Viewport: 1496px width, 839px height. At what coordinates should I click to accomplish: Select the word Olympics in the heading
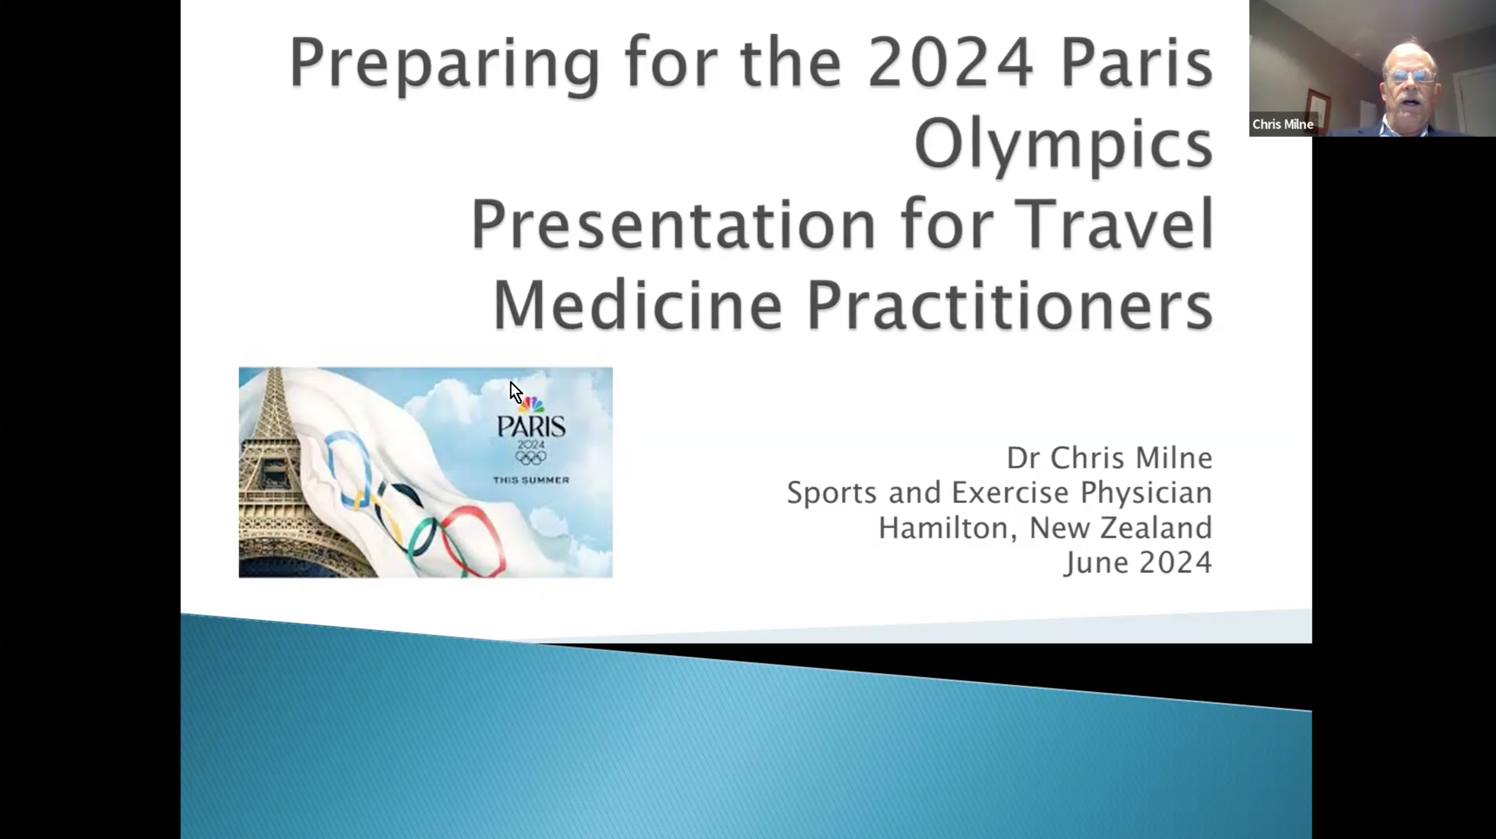point(1064,145)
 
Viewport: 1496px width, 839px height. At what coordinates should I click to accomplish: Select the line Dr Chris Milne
point(1109,458)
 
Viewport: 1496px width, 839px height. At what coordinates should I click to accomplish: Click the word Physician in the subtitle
point(1146,493)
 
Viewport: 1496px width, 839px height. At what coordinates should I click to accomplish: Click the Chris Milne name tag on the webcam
point(1282,124)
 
